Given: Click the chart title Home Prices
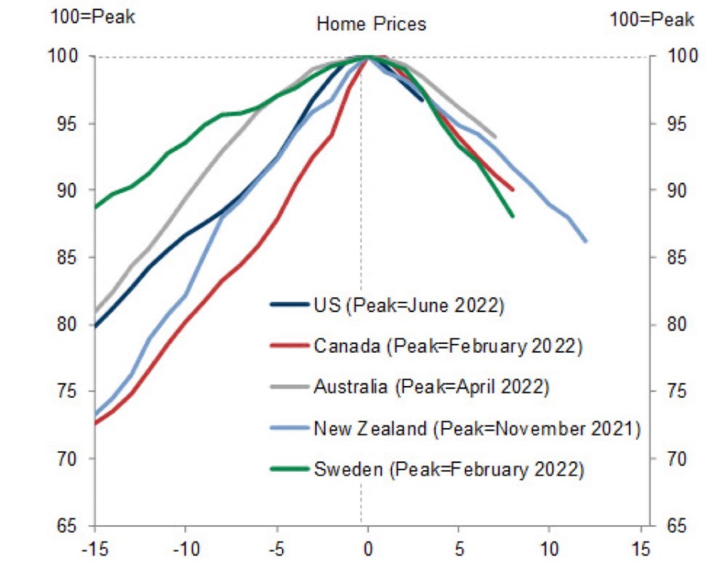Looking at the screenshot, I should [371, 24].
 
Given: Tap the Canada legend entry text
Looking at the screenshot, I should [447, 346].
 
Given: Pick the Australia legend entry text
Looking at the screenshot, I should [431, 387].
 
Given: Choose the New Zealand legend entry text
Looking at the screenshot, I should [477, 429].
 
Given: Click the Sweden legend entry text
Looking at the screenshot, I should [449, 470].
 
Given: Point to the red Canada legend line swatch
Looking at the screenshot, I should [288, 346].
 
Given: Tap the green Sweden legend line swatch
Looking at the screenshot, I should [288, 470].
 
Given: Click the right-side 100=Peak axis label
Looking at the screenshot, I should [652, 19].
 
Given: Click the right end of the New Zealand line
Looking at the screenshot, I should [585, 241].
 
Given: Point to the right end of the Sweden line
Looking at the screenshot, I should [513, 216].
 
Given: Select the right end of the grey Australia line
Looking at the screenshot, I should [495, 136].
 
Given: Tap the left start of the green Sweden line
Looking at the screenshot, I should [96, 207].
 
